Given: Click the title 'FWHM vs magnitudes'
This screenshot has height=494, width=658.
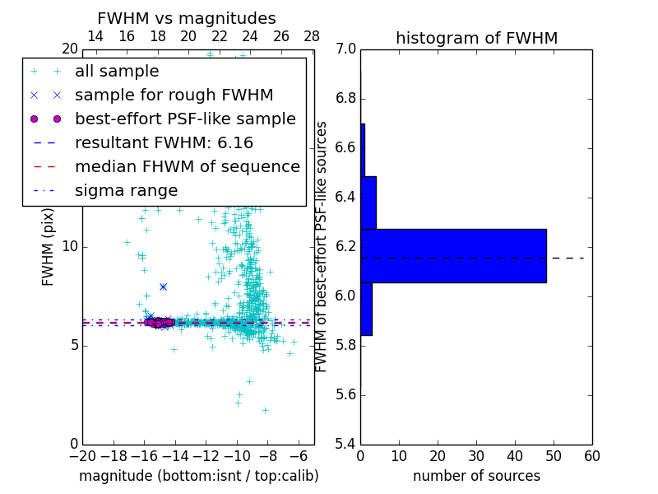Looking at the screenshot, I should pos(187,18).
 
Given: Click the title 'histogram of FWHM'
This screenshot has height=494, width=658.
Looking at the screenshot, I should pos(476,38).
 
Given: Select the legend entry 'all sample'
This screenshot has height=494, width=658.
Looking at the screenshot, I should pos(117,72).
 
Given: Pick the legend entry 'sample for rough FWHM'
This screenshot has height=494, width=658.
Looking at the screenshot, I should pos(174,95).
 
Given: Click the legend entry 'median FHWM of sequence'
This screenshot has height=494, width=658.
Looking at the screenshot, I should pos(187,166).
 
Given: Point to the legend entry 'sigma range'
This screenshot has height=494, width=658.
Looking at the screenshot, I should pos(126,190).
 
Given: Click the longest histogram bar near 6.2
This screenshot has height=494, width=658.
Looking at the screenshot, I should pos(453,255).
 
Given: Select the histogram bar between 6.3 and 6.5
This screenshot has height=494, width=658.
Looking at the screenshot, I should pos(368,203).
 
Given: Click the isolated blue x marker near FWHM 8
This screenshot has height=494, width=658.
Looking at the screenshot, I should pos(163,287).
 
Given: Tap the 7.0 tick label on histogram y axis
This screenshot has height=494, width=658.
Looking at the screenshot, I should pos(346,49).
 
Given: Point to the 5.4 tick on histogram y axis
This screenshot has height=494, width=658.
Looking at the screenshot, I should pos(346,444).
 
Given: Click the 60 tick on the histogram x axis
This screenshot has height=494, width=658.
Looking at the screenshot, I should pos(591,456).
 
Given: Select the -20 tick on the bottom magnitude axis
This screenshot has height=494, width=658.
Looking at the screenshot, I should pos(82,456).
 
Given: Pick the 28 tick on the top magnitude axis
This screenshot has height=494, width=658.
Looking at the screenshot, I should pos(312,36).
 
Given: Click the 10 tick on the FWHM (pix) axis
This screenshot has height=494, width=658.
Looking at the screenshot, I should pos(70,247).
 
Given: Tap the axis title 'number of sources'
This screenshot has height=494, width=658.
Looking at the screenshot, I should pos(476,476).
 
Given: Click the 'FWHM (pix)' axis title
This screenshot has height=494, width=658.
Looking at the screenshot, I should pos(49,247).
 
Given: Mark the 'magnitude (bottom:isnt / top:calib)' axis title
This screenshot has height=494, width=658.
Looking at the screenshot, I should pos(198,476).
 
